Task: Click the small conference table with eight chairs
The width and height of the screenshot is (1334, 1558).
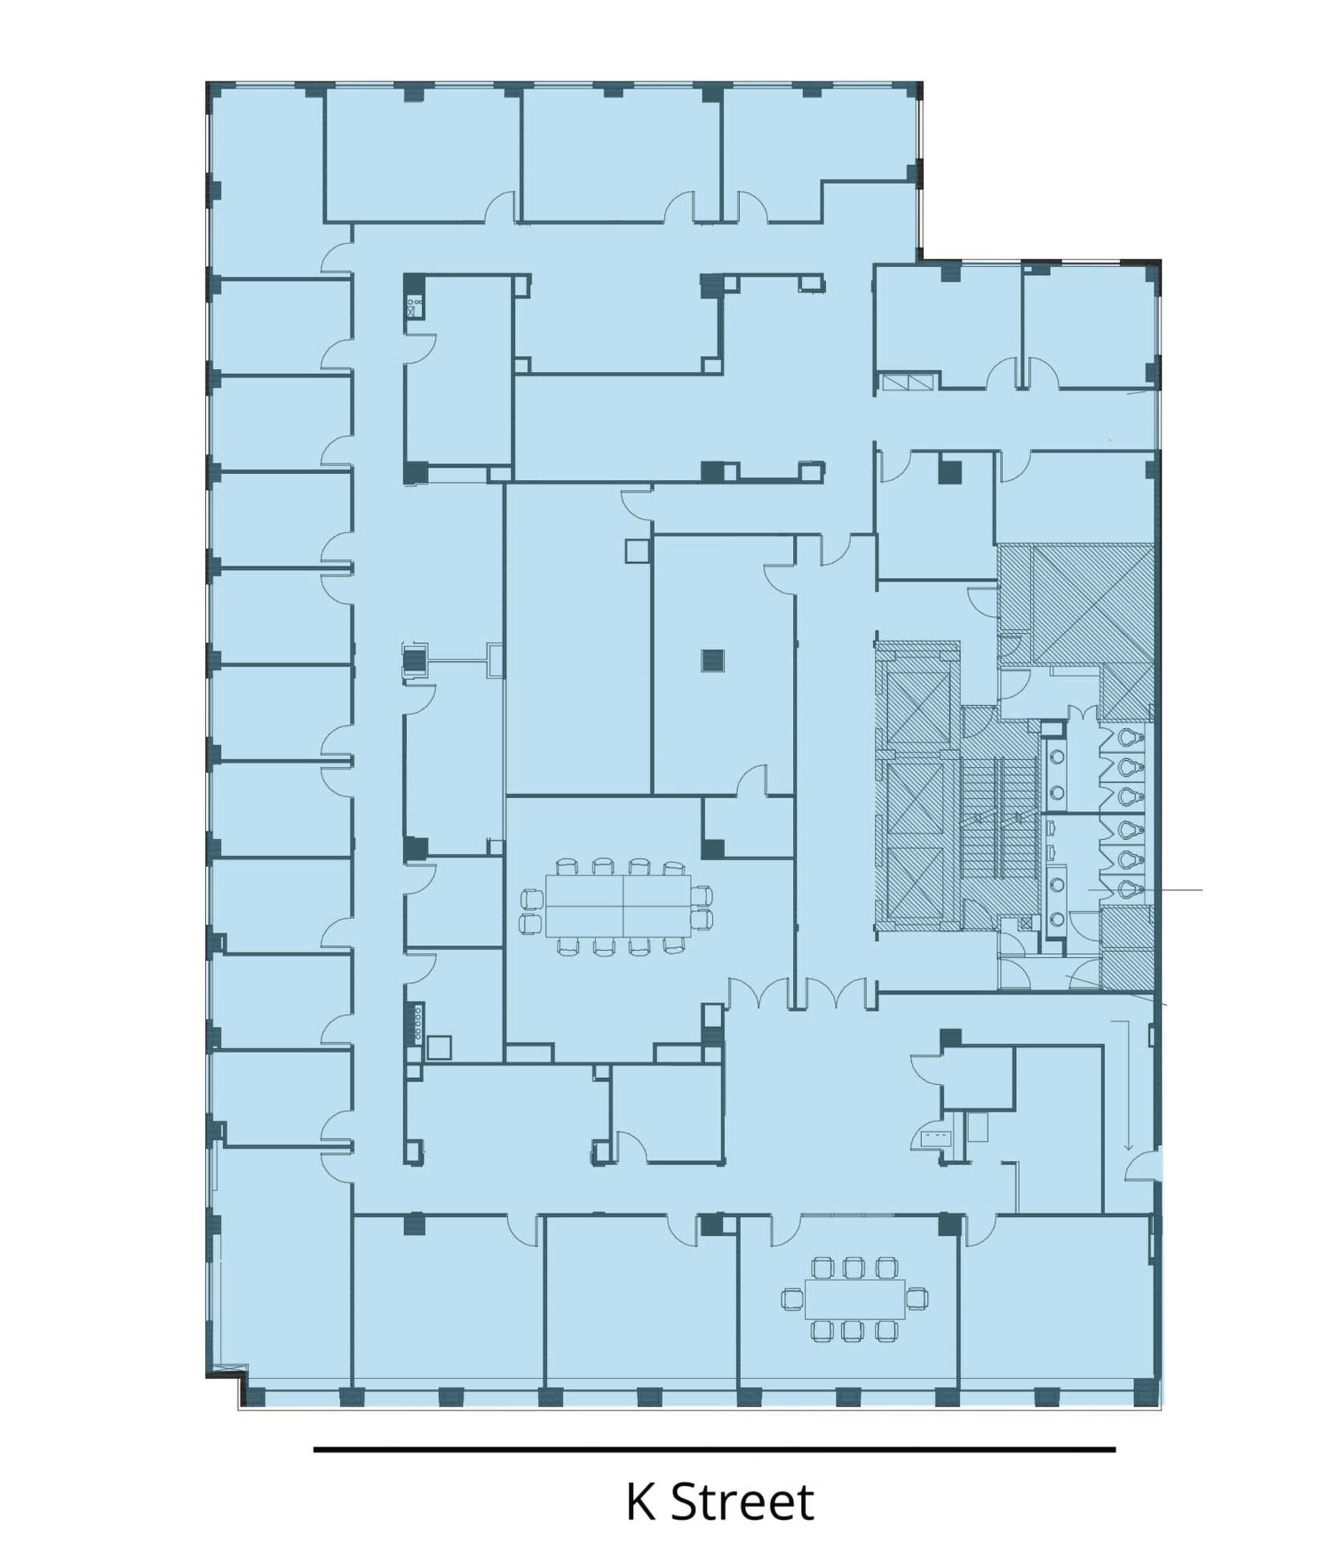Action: [855, 1299]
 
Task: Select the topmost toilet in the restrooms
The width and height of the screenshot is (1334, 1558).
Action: [1131, 736]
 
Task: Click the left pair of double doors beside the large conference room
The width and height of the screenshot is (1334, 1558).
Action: [758, 992]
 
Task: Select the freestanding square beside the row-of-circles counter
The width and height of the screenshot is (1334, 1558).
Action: [440, 1048]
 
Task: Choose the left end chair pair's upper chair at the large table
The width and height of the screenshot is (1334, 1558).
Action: [529, 899]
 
